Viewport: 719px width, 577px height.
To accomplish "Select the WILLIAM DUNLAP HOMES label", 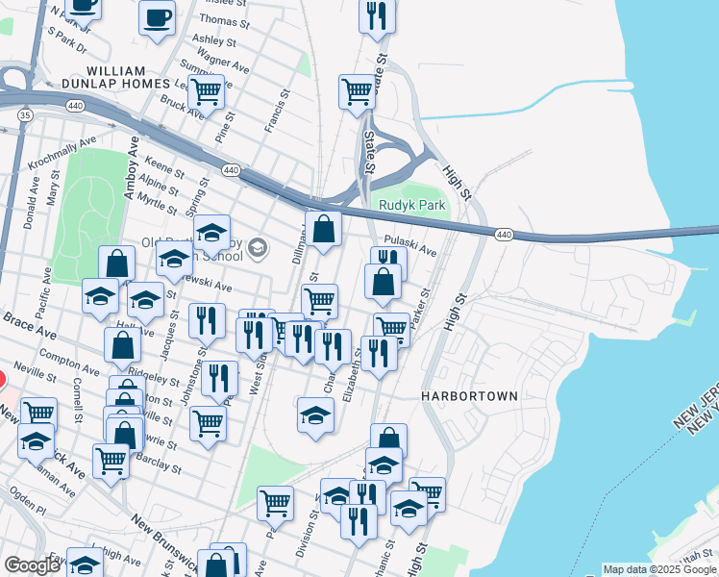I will pyautogui.click(x=129, y=78).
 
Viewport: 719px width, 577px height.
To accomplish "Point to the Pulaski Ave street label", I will pyautogui.click(x=410, y=247).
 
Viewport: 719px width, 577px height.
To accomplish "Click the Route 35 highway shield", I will pyautogui.click(x=24, y=114).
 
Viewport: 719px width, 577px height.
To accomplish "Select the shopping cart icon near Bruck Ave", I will pyautogui.click(x=206, y=92).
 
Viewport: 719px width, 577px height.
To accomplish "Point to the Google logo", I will pyautogui.click(x=32, y=565).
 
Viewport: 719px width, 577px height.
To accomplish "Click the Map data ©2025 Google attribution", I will pyautogui.click(x=658, y=569).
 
